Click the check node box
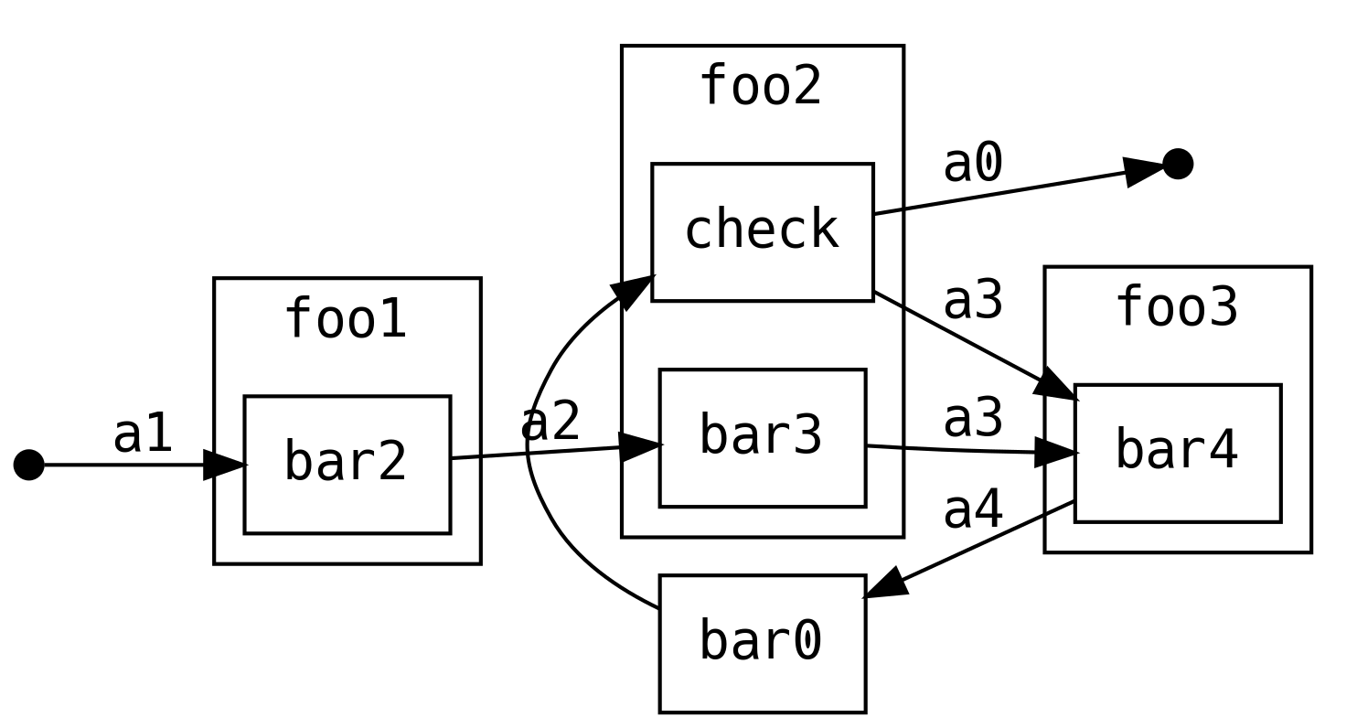click(762, 231)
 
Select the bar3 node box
click(762, 437)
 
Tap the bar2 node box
click(347, 464)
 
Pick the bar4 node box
click(1177, 453)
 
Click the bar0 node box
click(762, 643)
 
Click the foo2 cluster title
click(761, 88)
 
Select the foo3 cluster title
click(1177, 308)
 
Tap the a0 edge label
click(973, 166)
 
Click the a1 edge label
click(143, 434)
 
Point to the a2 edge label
click(550, 423)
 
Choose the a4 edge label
click(973, 510)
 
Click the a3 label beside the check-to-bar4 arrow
click(973, 301)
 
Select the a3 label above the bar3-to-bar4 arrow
click(973, 419)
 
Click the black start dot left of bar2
click(28, 465)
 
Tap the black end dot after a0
click(1177, 164)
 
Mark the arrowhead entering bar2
click(225, 465)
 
